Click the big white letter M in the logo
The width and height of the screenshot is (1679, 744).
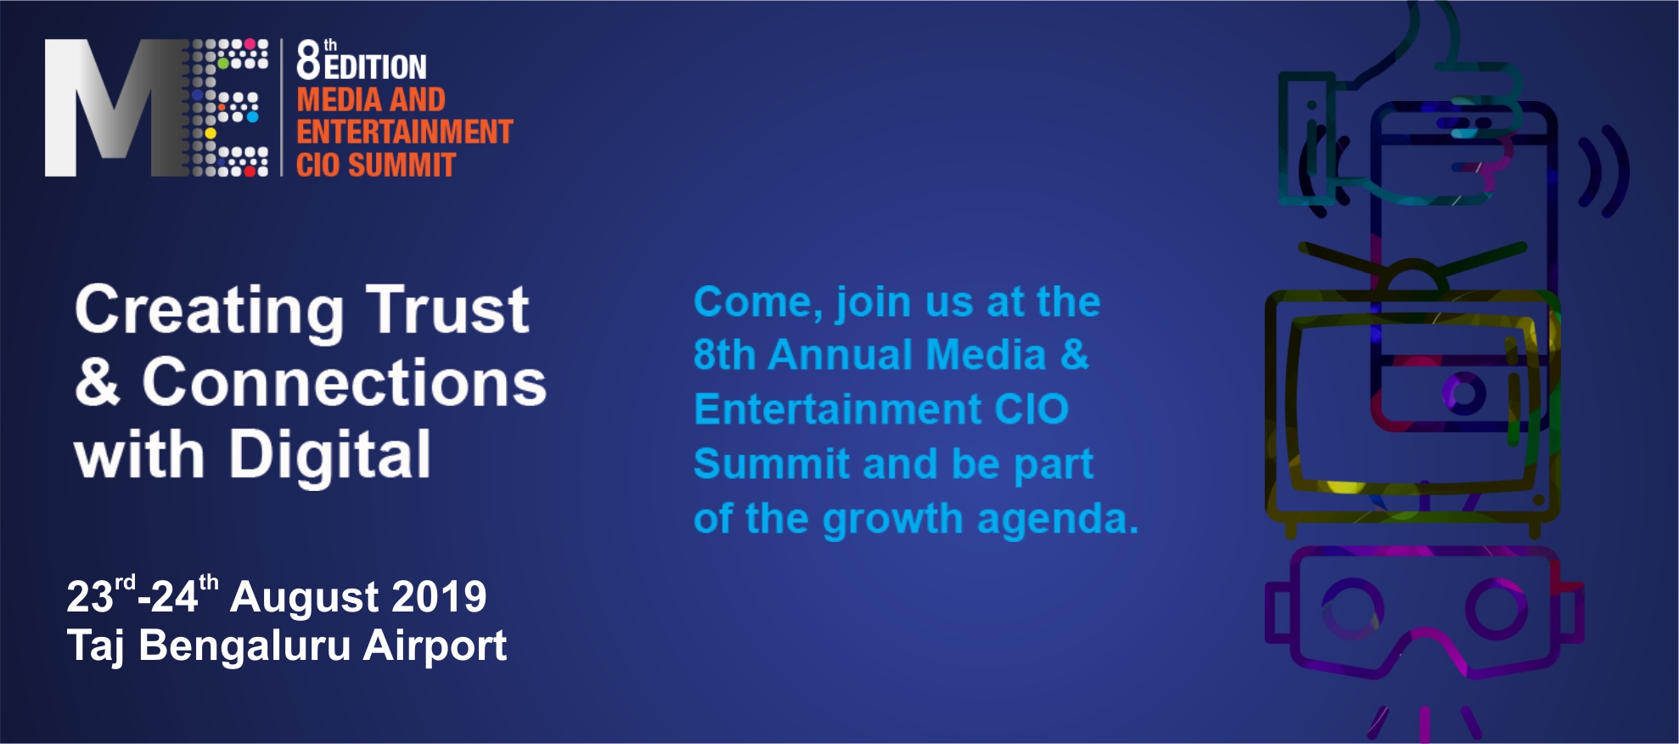click(x=102, y=108)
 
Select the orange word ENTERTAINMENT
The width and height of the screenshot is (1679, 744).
click(x=405, y=132)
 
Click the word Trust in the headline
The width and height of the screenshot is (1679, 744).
click(x=447, y=309)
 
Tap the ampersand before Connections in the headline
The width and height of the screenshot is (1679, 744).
click(x=98, y=381)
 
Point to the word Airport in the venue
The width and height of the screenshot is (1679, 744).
click(x=435, y=646)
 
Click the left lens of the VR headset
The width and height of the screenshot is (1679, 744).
click(x=1353, y=608)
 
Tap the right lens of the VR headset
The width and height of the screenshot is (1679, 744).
click(x=1496, y=608)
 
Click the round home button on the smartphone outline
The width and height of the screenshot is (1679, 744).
click(x=1464, y=392)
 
